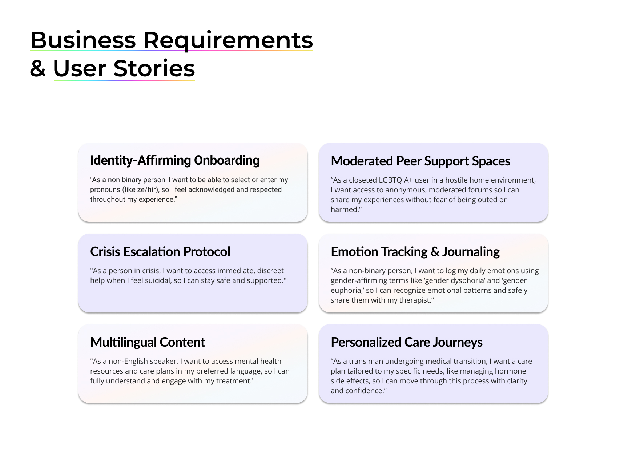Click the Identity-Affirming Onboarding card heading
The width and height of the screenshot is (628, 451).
point(175,160)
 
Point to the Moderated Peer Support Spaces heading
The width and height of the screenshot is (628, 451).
point(420,161)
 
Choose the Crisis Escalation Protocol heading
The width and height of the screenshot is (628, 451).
point(160,252)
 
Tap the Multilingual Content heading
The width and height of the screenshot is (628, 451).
point(148,342)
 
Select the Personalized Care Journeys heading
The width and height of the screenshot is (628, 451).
point(406,342)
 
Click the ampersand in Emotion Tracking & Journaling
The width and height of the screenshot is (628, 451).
point(435,252)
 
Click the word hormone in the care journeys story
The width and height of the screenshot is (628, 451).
point(512,371)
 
